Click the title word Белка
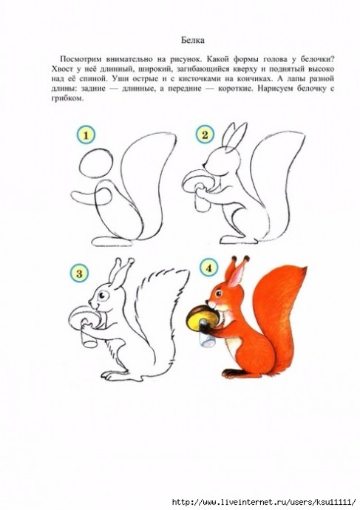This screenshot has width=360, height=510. coord(193,41)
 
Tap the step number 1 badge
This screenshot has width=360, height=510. coord(86,135)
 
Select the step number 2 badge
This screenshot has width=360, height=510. coord(205,135)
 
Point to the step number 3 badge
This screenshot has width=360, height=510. coord(79,273)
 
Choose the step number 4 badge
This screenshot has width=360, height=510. coord(208,268)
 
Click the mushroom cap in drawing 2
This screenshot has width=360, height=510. coord(195,180)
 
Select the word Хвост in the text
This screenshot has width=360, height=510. coord(62,69)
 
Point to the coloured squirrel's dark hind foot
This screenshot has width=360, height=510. coord(235,373)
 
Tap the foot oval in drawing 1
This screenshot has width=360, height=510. coord(112,242)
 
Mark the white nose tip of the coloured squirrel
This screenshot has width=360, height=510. coord(211,304)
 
